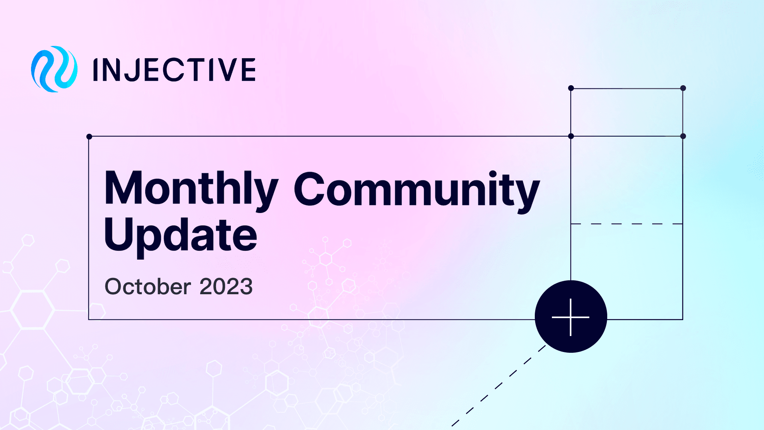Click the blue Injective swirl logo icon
[54, 69]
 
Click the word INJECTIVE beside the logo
[174, 70]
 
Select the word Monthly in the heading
[191, 189]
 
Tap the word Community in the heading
[417, 190]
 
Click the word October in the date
[148, 287]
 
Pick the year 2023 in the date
[226, 287]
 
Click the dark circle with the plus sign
[571, 317]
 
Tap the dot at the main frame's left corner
[89, 137]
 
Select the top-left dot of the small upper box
[571, 88]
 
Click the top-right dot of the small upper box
[683, 88]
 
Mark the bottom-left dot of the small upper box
[571, 136]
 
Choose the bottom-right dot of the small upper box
[683, 136]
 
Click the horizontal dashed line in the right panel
[627, 224]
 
